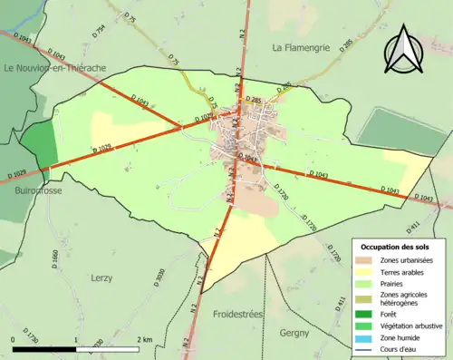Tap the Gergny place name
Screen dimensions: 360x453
click(296, 333)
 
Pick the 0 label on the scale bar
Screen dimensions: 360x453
click(14, 338)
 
